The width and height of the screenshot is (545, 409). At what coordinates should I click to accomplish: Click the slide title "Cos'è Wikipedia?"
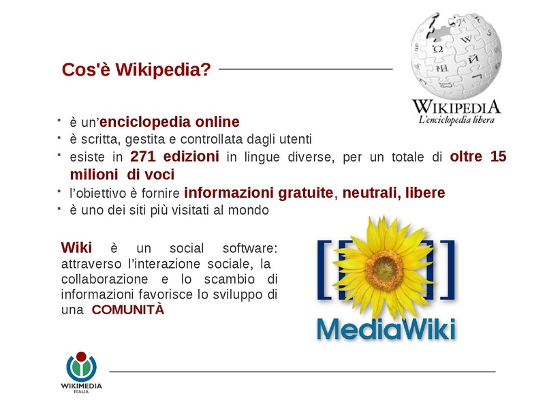click(x=136, y=70)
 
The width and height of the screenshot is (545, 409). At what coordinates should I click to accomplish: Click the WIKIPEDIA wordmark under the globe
click(x=456, y=107)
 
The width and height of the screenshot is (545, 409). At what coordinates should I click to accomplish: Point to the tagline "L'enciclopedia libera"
click(x=456, y=120)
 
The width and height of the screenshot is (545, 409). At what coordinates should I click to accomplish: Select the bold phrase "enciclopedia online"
click(x=170, y=122)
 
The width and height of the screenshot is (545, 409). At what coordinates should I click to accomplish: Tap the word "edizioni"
click(x=190, y=157)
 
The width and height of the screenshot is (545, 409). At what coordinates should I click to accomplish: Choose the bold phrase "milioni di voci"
click(x=122, y=175)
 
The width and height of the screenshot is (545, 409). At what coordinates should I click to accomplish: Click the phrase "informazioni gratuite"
click(x=259, y=193)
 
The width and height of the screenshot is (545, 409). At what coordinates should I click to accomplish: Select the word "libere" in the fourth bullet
click(x=425, y=193)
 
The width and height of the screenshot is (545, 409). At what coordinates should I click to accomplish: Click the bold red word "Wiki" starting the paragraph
click(x=76, y=247)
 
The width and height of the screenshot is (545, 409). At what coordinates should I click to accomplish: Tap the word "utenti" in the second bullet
click(x=294, y=140)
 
